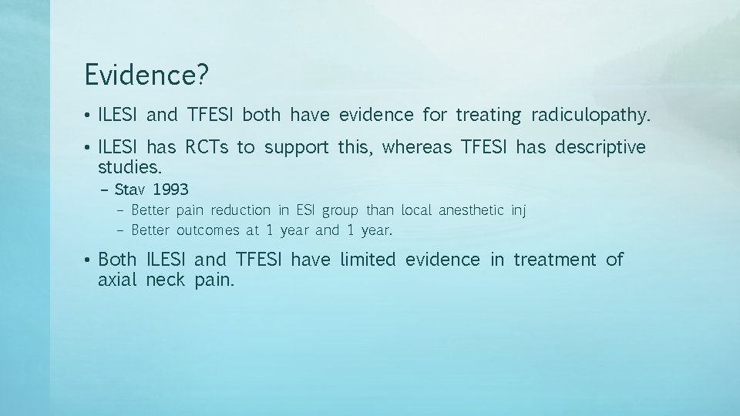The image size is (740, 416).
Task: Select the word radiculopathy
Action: [x=590, y=116]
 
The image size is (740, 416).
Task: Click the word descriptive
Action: [x=597, y=147]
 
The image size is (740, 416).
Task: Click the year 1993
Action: [x=170, y=190]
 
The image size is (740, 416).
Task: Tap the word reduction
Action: [x=240, y=210]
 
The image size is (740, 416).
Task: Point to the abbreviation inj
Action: [x=518, y=210]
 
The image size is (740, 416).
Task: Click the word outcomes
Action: [x=210, y=230]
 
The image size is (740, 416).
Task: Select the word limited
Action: [x=368, y=260]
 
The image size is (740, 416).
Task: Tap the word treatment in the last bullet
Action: [x=555, y=260]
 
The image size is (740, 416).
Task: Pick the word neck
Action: [x=166, y=279]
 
